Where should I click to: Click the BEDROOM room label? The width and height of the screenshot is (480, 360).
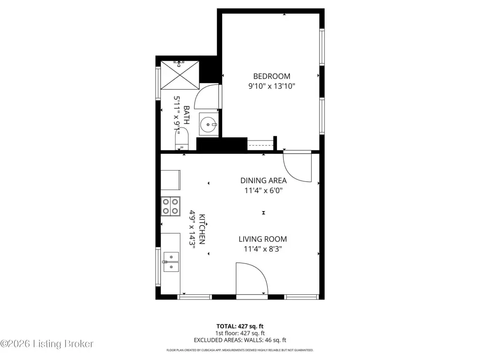[x=271, y=76]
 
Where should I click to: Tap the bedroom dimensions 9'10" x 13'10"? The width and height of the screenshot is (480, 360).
[x=271, y=86]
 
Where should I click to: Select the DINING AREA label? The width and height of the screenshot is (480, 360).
[x=263, y=180]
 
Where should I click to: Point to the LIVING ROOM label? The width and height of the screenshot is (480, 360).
[x=262, y=239]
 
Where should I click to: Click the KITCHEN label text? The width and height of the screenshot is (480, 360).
[x=202, y=229]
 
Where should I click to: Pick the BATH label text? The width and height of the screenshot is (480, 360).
[x=186, y=115]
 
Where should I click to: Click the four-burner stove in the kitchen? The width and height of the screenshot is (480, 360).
[x=171, y=206]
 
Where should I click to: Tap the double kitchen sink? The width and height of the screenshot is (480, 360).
[x=171, y=262]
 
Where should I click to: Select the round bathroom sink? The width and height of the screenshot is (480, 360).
[x=209, y=124]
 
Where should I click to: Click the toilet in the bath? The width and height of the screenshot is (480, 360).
[x=181, y=139]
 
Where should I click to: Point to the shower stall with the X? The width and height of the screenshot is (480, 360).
[x=180, y=75]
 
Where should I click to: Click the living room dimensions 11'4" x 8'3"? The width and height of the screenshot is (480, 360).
[x=262, y=249]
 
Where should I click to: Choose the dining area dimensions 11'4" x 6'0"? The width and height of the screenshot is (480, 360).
[x=263, y=190]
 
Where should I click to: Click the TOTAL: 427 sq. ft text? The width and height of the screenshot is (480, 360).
[x=240, y=326]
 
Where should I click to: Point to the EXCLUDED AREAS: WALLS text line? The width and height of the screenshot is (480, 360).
[x=240, y=340]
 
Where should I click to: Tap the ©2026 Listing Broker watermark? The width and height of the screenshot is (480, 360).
[x=47, y=344]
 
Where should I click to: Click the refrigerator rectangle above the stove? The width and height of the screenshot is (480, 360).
[x=171, y=180]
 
